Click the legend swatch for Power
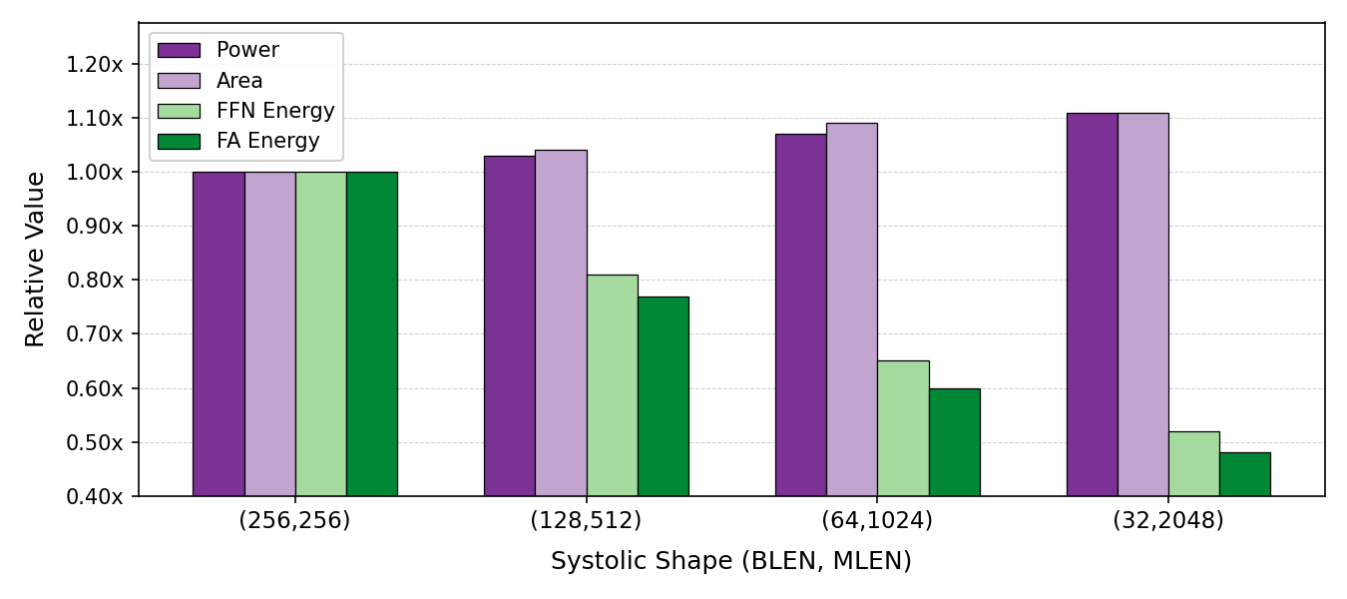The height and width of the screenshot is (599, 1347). tap(179, 50)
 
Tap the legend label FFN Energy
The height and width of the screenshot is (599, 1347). tap(275, 111)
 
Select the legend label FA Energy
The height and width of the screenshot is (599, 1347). tap(267, 142)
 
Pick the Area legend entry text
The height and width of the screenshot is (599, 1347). tap(239, 81)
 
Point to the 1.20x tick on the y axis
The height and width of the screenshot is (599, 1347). tap(95, 65)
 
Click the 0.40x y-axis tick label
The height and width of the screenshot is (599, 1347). tap(95, 496)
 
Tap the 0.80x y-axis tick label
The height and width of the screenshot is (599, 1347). tap(95, 281)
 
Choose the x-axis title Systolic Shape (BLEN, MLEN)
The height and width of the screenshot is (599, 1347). tap(730, 562)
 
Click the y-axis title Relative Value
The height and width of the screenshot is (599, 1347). tap(36, 259)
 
